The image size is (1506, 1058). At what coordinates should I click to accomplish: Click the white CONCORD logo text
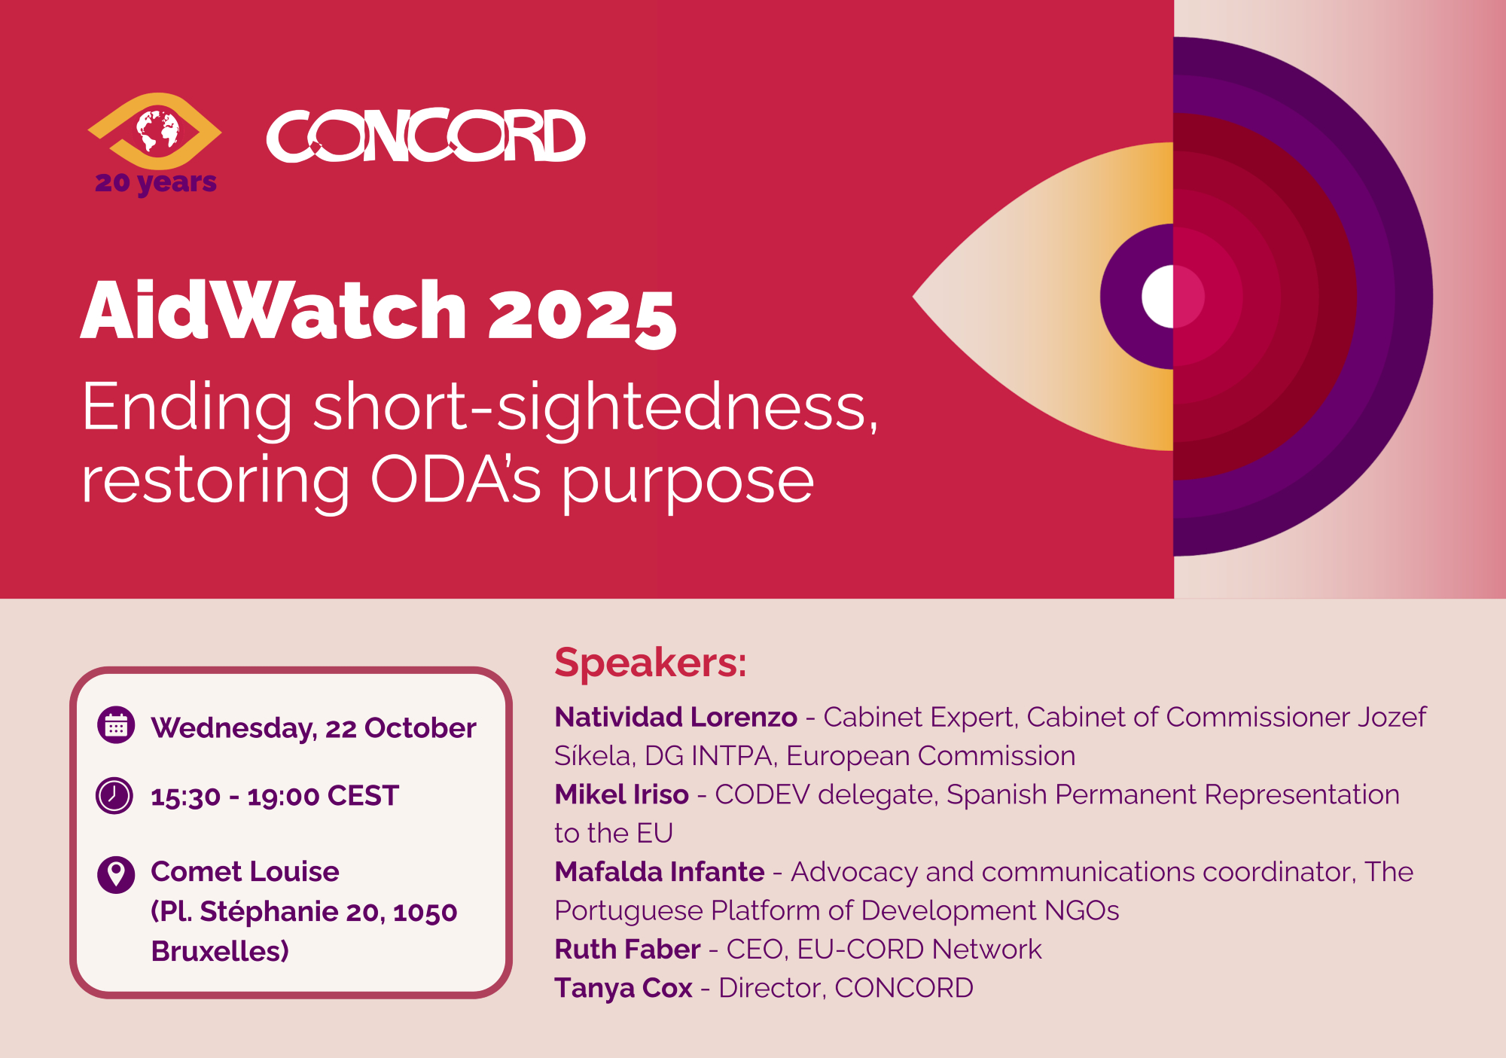[x=426, y=136]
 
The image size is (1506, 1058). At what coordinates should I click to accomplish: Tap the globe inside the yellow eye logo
[x=157, y=130]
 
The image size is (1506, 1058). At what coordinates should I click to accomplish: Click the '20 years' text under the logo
[x=156, y=183]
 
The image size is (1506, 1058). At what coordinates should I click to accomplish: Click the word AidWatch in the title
[x=274, y=310]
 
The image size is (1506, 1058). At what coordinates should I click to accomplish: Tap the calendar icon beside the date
[x=116, y=725]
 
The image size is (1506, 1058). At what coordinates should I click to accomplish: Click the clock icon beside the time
[x=114, y=795]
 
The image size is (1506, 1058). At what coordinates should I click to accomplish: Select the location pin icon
[x=116, y=875]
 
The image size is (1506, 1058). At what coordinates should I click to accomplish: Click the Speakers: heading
[x=651, y=663]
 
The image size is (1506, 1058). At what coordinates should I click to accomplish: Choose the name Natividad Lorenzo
[x=675, y=717]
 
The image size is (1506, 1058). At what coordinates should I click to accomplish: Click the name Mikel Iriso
[x=621, y=794]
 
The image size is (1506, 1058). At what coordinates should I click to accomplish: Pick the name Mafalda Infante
[x=659, y=872]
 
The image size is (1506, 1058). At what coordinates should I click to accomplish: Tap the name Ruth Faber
[x=627, y=950]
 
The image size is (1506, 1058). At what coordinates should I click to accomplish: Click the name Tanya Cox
[x=623, y=988]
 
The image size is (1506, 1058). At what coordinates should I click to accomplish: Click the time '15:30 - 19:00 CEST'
[x=275, y=797]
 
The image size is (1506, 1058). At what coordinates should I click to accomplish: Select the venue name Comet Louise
[x=245, y=872]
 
